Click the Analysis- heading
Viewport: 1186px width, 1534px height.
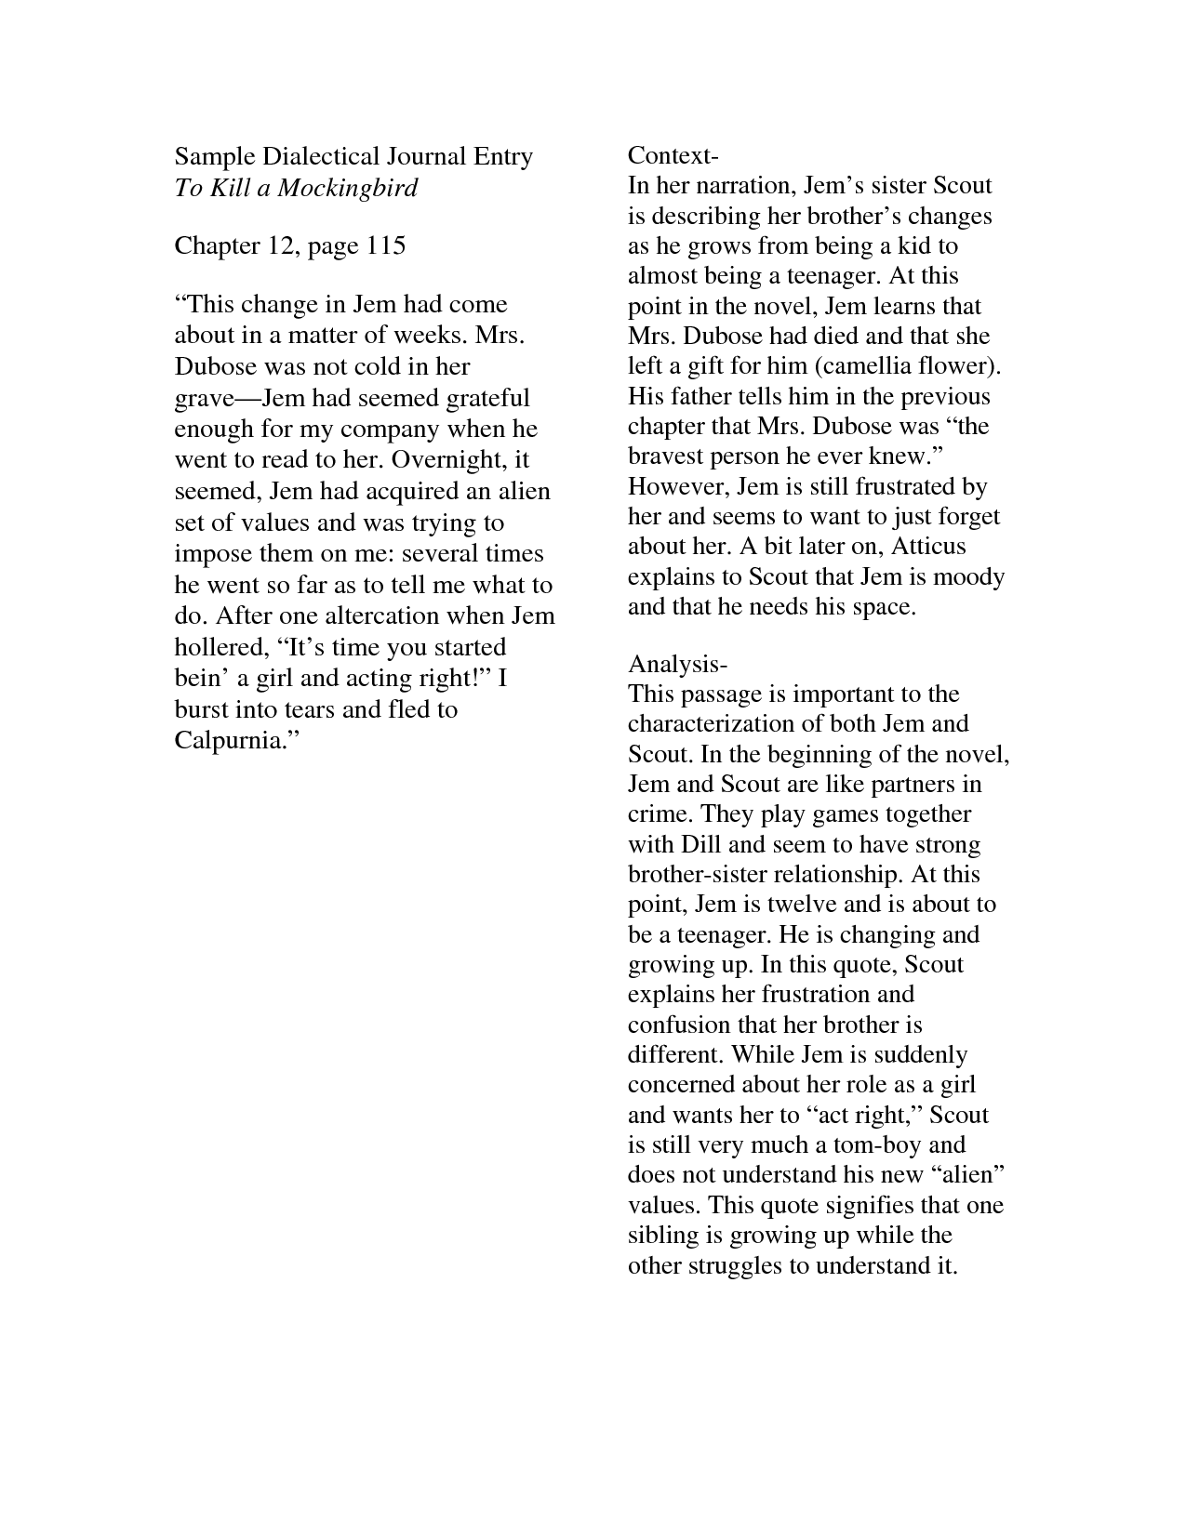[x=677, y=664]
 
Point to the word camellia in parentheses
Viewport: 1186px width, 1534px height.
[x=868, y=366]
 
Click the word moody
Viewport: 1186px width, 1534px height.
[x=968, y=576]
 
